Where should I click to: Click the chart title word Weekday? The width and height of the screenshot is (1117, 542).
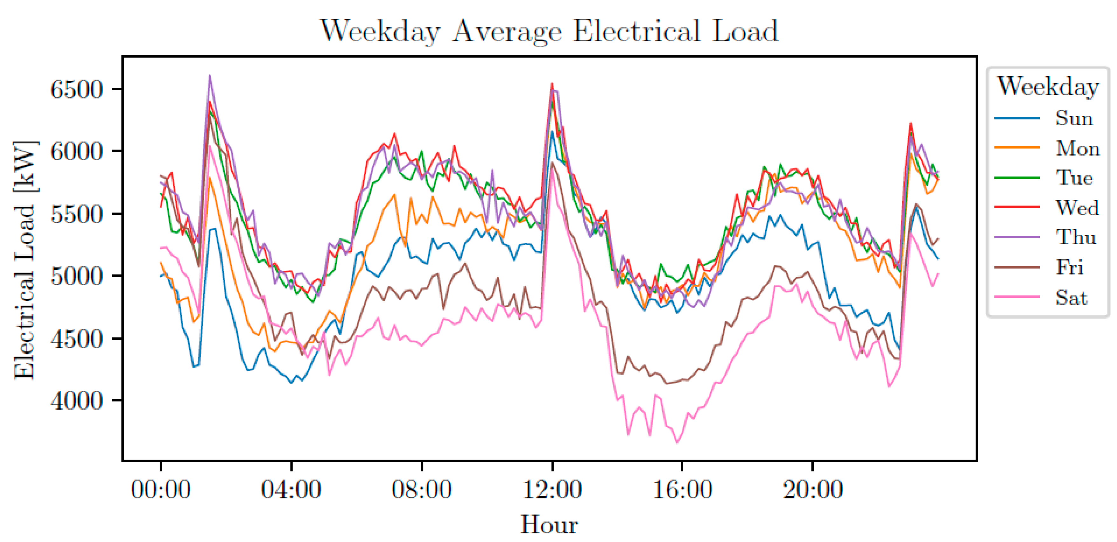(x=380, y=31)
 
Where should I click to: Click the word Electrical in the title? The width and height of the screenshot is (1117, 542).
(x=637, y=31)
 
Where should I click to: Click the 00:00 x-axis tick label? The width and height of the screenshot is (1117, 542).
(x=161, y=490)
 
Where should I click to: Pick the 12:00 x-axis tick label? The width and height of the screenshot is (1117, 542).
(x=552, y=490)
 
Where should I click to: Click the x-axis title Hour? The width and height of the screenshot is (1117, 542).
(x=549, y=524)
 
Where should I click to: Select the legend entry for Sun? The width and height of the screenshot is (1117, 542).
(x=1074, y=118)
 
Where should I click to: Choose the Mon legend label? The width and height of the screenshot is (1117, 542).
(x=1078, y=148)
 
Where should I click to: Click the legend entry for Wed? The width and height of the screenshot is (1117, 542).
(x=1077, y=207)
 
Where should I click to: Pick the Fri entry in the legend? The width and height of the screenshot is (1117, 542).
(x=1069, y=267)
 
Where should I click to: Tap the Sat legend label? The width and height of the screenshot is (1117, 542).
(x=1071, y=297)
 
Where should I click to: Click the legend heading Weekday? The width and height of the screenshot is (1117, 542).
(x=1048, y=86)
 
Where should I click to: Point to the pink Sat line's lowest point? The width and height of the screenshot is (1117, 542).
(x=677, y=442)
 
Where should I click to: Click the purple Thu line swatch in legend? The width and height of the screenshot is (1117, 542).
(x=1017, y=237)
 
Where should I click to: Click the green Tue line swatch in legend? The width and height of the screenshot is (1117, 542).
(x=1017, y=177)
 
